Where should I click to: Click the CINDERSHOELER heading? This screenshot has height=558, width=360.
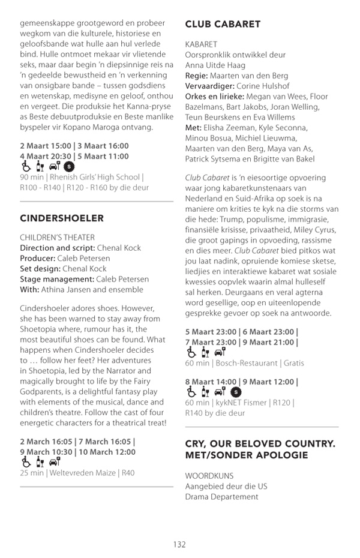(62, 218)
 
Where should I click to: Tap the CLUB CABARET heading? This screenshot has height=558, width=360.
(223, 24)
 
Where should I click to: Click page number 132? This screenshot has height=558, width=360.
(179, 544)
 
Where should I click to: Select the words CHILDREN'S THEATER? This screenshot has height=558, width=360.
(58, 238)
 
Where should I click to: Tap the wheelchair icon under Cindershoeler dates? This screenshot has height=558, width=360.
(25, 462)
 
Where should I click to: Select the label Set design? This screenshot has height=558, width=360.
(42, 269)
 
